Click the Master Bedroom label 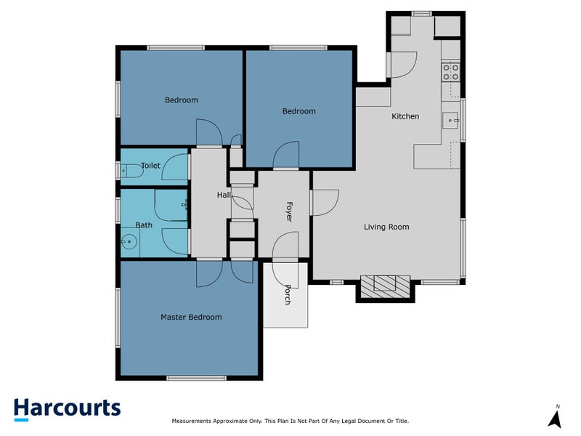coord(191,317)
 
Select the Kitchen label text coord(405,116)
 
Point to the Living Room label coord(386,227)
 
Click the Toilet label coord(150,166)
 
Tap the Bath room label coord(144,225)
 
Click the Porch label coord(288,294)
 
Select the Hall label coord(224,195)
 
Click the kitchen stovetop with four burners coord(450,71)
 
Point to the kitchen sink coord(451,120)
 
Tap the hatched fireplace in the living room coord(385,283)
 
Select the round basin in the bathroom coord(129,243)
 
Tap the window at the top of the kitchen coord(420,13)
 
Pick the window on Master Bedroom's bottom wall coord(187,377)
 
